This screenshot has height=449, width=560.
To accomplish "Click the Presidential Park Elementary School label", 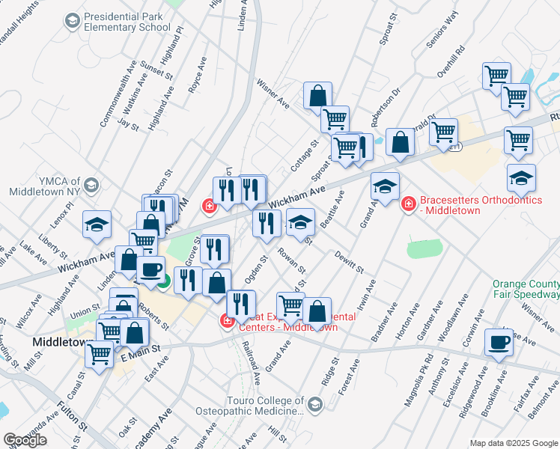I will tap(127, 22).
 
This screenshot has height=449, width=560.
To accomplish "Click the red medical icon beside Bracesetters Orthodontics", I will tap(409, 204).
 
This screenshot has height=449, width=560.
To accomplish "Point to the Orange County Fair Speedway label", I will tap(526, 290).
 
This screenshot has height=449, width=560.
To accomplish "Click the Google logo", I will tap(25, 440).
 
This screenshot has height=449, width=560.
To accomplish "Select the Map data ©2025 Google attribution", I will tap(513, 443).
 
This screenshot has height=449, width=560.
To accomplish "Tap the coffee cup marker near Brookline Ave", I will tap(499, 343).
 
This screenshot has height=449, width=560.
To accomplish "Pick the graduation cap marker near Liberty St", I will tap(97, 225).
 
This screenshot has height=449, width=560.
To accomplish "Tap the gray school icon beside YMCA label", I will tap(91, 184).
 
